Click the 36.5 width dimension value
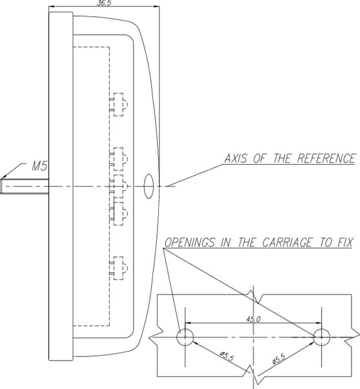(104, 3)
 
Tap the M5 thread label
(40, 166)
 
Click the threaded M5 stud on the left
(25, 186)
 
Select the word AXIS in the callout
(235, 159)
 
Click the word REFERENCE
(326, 159)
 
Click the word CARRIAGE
(287, 242)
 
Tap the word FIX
(344, 242)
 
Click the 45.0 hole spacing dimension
(253, 319)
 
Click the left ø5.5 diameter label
(227, 356)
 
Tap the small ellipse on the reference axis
(149, 186)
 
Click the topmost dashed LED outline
(119, 104)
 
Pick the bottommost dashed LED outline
(119, 268)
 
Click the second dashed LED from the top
(119, 159)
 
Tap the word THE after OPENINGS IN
(246, 242)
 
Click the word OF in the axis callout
(260, 159)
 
